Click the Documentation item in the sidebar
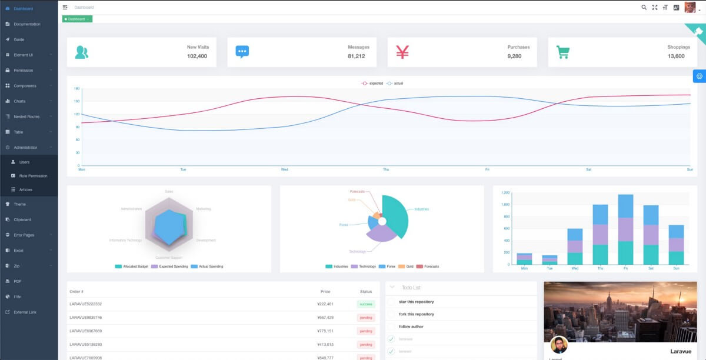26,24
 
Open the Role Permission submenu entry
33,176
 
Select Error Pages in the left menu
24,235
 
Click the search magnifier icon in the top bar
644,7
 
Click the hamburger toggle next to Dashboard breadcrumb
65,7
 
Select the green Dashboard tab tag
76,19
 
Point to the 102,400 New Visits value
197,56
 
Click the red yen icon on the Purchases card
402,52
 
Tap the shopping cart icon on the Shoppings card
563,52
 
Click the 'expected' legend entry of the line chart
372,84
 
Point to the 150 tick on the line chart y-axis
76,101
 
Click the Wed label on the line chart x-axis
284,169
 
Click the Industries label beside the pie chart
421,209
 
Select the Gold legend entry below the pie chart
406,266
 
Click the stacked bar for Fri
625,229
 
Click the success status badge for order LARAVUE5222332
366,304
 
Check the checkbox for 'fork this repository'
391,314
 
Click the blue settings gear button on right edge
699,76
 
